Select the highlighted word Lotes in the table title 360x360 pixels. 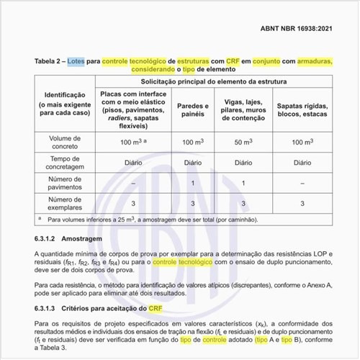point(75,62)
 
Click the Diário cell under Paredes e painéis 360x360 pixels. point(192,163)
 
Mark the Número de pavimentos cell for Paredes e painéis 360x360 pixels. point(192,183)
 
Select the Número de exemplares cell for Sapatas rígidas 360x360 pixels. point(300,203)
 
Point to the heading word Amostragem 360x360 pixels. point(82,238)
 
